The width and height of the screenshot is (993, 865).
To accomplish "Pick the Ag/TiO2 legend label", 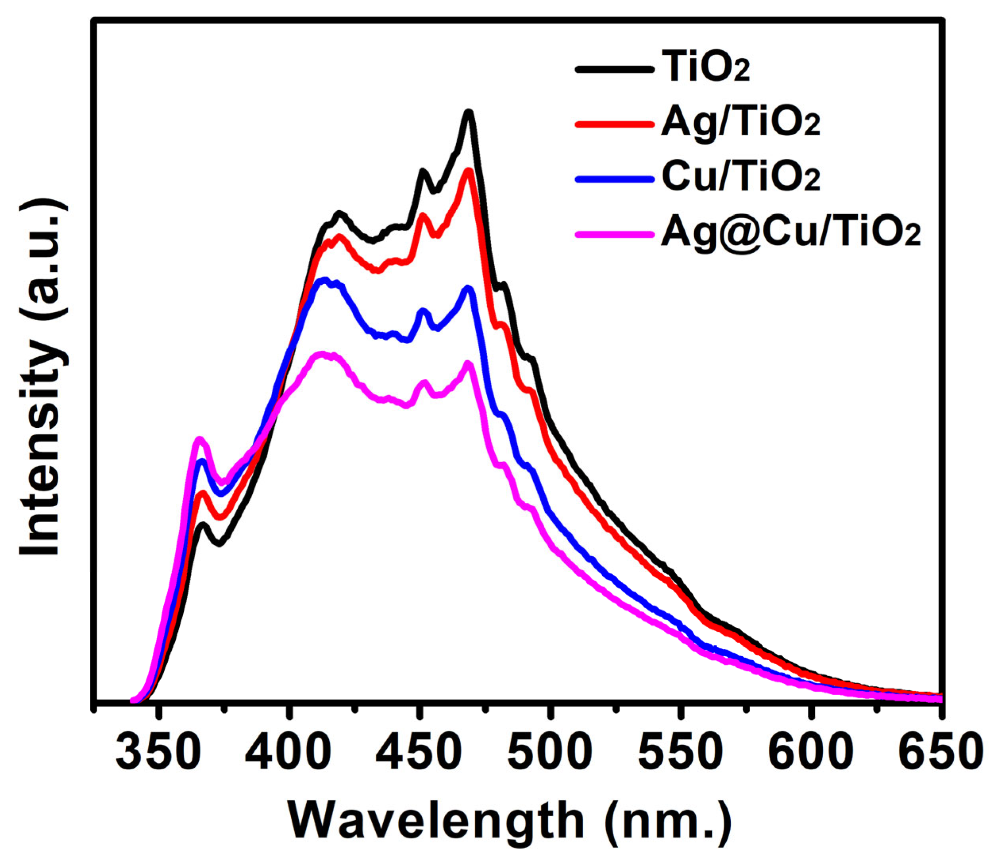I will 740,123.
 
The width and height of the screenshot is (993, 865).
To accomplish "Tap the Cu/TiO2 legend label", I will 740,178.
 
